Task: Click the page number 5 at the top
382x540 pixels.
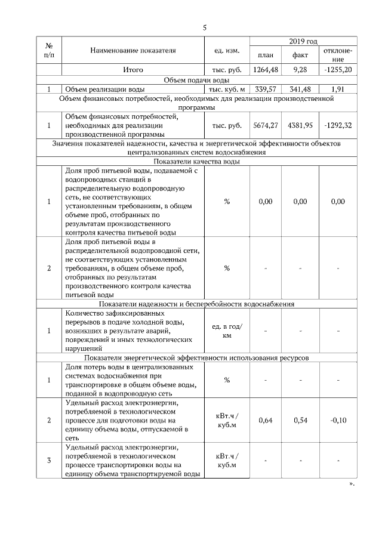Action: click(x=204, y=28)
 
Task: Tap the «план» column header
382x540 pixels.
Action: click(x=266, y=55)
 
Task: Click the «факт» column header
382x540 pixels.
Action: click(x=300, y=55)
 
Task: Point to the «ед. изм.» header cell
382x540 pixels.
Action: click(x=226, y=51)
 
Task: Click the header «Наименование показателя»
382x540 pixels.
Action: click(x=133, y=51)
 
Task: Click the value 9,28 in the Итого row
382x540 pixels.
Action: click(x=300, y=70)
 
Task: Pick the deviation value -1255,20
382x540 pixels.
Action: click(x=337, y=70)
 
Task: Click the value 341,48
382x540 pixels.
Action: click(x=300, y=90)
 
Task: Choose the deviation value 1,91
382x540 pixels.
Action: click(x=338, y=90)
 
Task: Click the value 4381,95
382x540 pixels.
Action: click(x=300, y=126)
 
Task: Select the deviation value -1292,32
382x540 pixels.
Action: click(x=337, y=126)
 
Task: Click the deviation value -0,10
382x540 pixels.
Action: click(x=338, y=421)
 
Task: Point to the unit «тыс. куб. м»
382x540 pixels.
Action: click(x=226, y=90)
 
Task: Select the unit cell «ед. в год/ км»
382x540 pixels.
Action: click(x=226, y=331)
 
